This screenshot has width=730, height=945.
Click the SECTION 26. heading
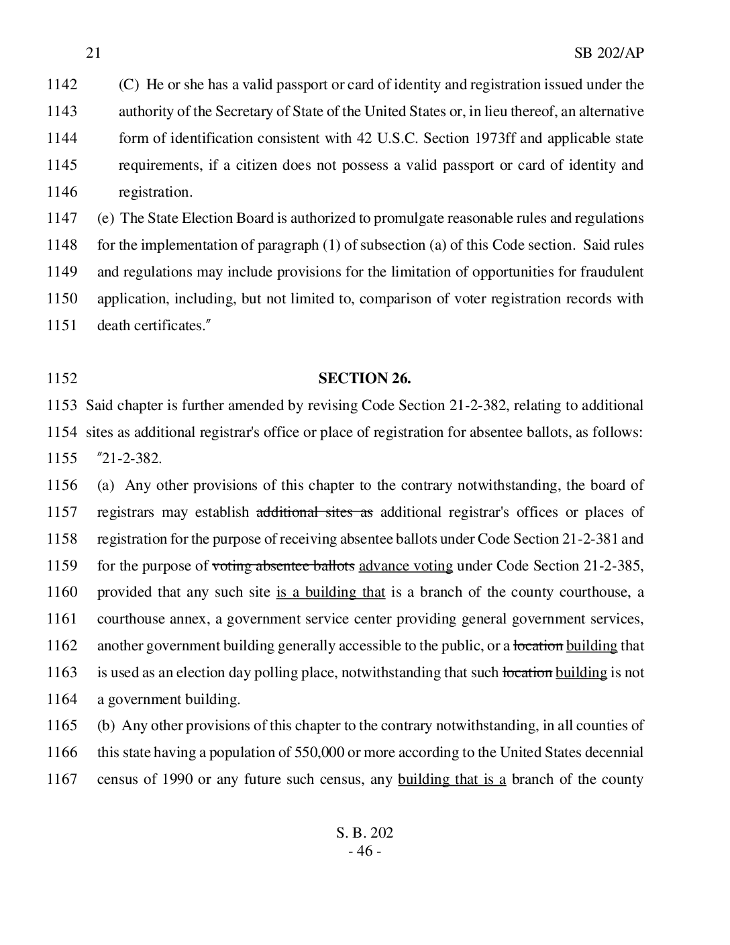click(x=364, y=379)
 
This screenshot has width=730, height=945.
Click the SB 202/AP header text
click(x=609, y=53)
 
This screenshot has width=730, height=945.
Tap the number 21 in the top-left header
click(x=93, y=53)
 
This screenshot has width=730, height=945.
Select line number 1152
click(x=62, y=379)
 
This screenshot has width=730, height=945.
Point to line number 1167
click(x=62, y=779)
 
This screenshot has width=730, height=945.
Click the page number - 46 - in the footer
click(x=364, y=851)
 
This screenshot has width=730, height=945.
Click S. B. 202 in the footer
click(x=364, y=833)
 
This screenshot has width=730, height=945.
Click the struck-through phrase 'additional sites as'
click(x=315, y=512)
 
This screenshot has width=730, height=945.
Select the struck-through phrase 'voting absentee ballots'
click(x=283, y=566)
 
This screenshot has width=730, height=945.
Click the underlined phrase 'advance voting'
click(x=406, y=566)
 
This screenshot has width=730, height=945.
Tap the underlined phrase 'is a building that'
click(x=331, y=593)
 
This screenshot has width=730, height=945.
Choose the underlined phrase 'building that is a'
click(x=452, y=779)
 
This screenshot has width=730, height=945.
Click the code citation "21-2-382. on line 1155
click(x=129, y=459)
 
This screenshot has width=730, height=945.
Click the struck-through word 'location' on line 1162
click(x=538, y=646)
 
